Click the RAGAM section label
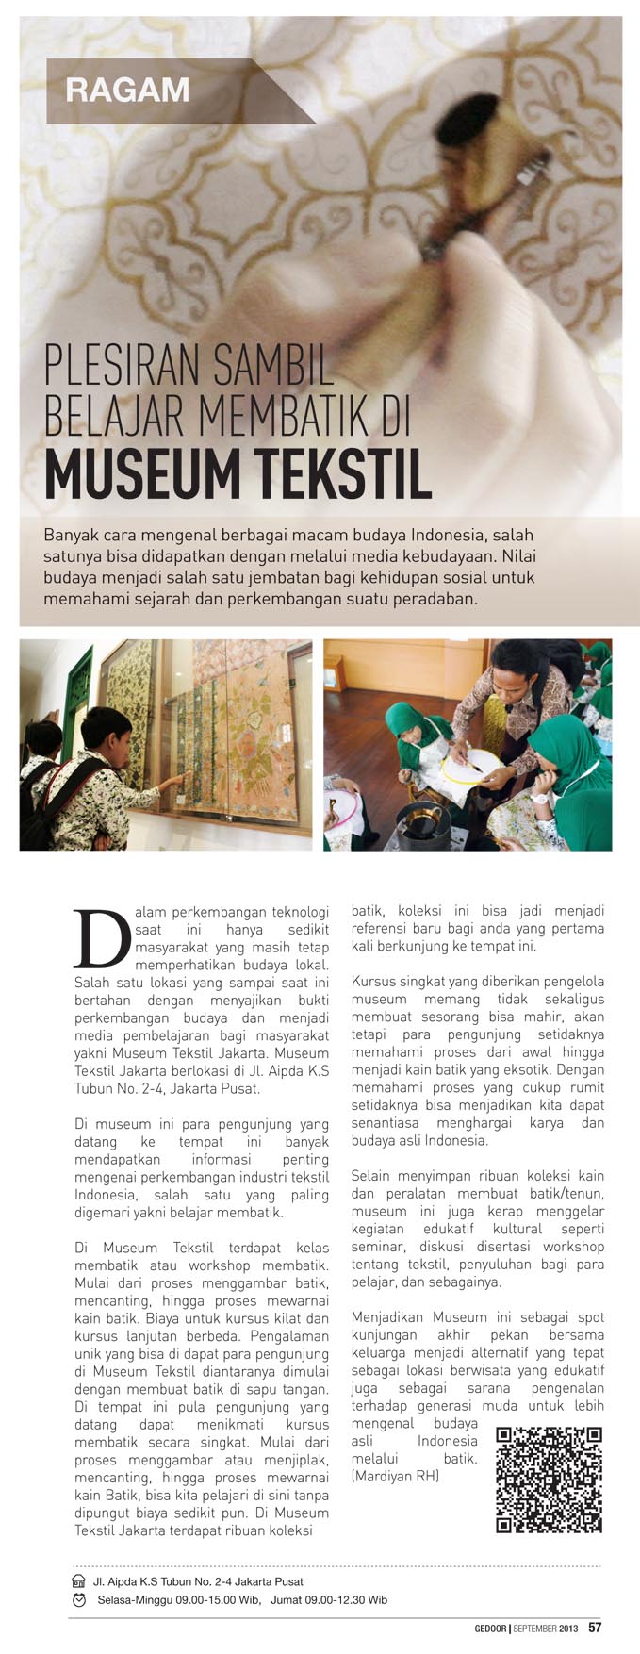[127, 91]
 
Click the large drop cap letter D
[100, 938]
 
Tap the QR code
[549, 1480]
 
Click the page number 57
[595, 1627]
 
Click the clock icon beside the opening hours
[79, 1599]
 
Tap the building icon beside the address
[79, 1581]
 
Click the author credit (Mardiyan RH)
[395, 1476]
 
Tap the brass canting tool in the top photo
[471, 189]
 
